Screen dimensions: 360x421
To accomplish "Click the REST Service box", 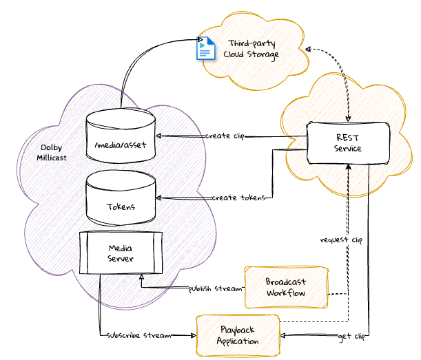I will (348, 142).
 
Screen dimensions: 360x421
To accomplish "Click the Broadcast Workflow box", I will (285, 286).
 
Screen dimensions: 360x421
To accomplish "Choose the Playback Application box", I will (238, 335).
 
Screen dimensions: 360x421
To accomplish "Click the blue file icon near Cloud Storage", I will (205, 50).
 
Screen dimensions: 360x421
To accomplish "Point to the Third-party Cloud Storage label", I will (251, 50).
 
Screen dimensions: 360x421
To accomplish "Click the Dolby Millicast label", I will (52, 152).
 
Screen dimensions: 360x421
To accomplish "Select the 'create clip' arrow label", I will (225, 136).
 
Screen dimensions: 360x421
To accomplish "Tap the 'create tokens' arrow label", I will (238, 198).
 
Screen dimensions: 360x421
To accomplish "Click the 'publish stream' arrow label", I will (216, 288).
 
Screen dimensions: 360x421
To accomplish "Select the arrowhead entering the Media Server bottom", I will (141, 277).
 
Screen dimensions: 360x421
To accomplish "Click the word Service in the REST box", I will (348, 149).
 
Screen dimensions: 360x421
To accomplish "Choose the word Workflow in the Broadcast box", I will (285, 293).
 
